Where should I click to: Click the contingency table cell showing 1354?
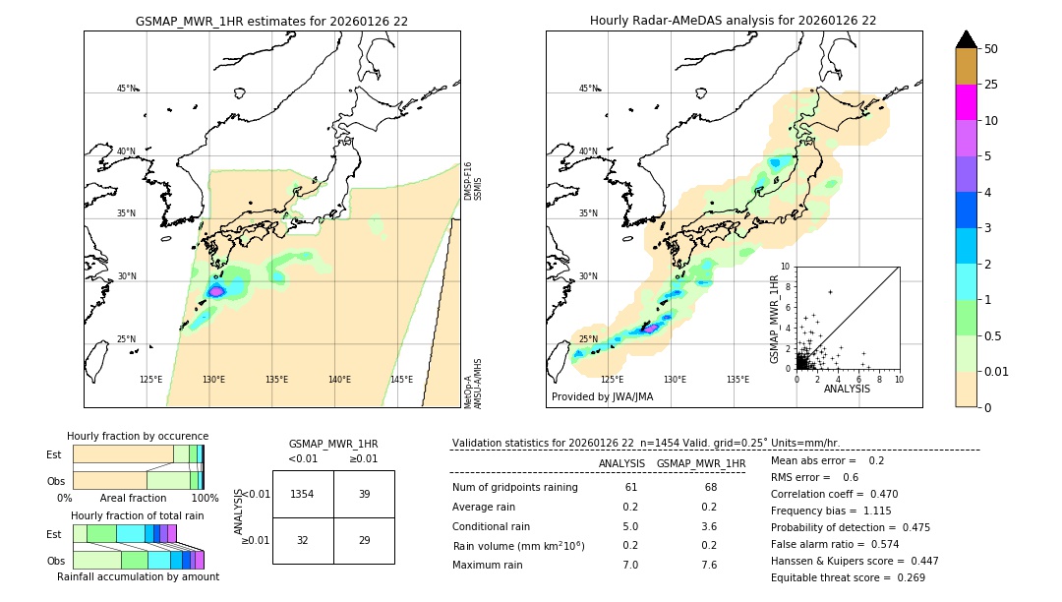click(x=302, y=494)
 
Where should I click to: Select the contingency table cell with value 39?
click(x=364, y=494)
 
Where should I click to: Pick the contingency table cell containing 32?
click(x=302, y=540)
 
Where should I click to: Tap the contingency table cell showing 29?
click(x=364, y=540)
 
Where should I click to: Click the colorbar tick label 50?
click(x=991, y=49)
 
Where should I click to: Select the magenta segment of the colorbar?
click(x=967, y=102)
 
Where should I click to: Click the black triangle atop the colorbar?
click(x=967, y=39)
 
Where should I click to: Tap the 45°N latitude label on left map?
click(x=126, y=89)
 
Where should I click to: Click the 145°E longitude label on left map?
click(x=401, y=380)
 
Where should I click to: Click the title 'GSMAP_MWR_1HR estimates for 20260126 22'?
click(x=271, y=21)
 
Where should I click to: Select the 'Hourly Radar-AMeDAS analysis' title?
click(x=733, y=21)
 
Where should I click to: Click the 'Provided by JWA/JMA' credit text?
click(x=602, y=397)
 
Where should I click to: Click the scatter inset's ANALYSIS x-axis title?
click(x=847, y=389)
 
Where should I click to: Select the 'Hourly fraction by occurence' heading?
click(x=138, y=436)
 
